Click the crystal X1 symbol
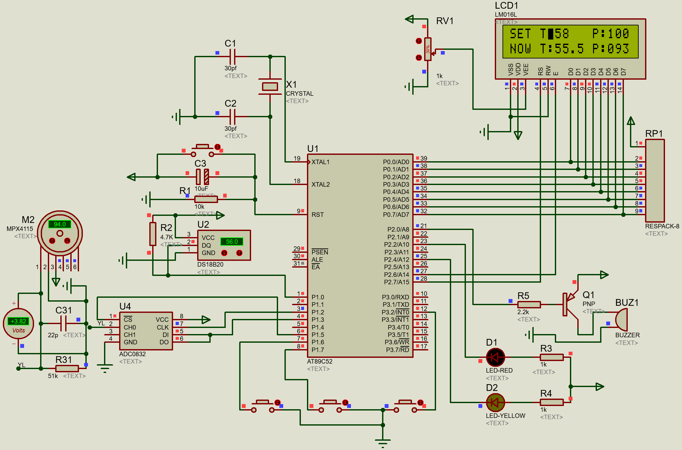point(270,86)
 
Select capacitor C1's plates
point(232,57)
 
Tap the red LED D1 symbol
point(495,357)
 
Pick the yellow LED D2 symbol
point(495,402)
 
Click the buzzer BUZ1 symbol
point(622,320)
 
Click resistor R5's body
point(529,304)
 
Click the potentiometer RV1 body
point(428,49)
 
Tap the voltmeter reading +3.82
point(19,321)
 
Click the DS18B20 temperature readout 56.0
point(232,242)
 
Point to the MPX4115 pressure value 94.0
point(60,224)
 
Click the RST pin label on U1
point(318,215)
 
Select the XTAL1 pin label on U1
point(320,162)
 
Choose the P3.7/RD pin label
point(397,350)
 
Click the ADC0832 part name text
point(132,354)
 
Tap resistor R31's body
point(67,368)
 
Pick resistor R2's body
point(153,234)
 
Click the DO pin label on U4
point(164,342)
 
